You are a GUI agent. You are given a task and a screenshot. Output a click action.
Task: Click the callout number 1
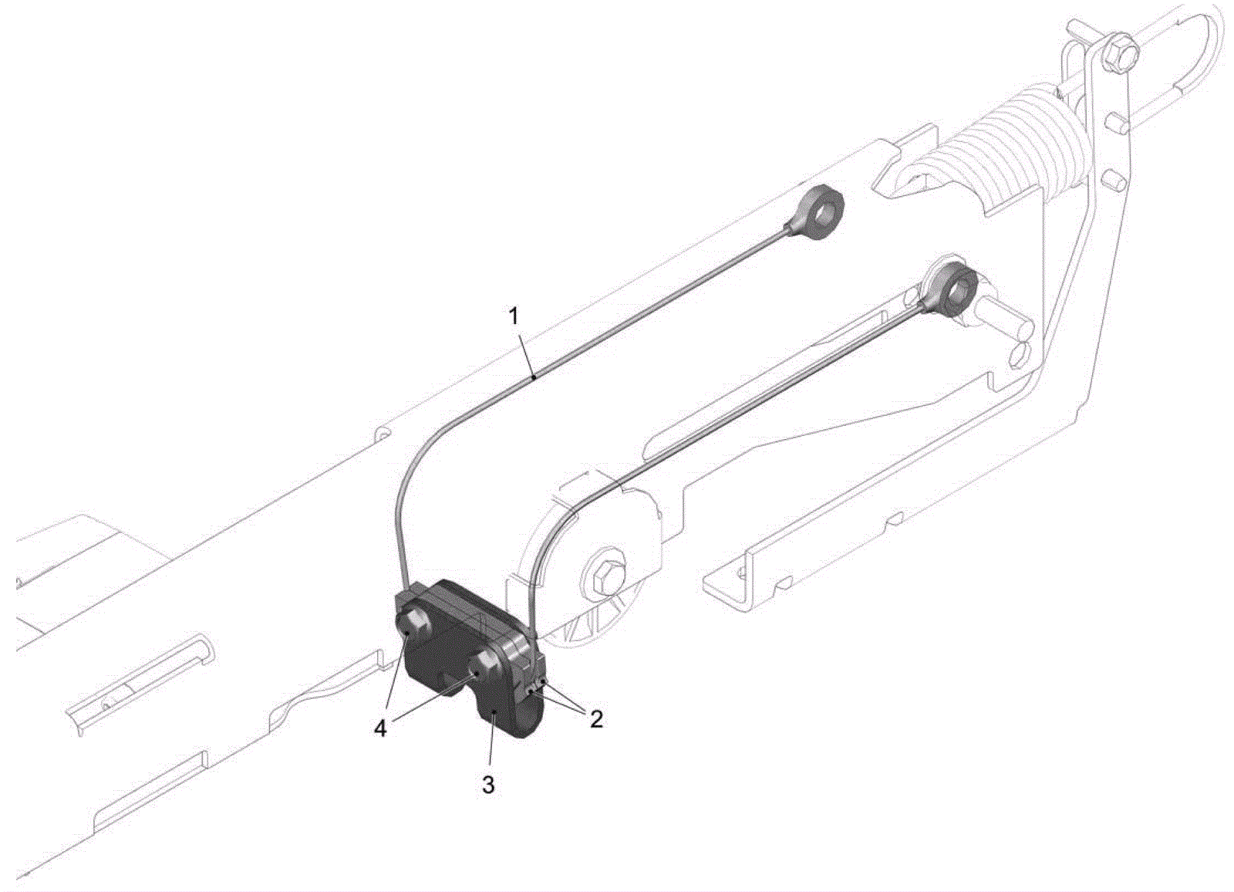coord(514,317)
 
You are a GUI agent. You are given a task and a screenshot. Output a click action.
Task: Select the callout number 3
coord(489,785)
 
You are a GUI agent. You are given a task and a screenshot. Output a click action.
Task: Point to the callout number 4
coord(380,729)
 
